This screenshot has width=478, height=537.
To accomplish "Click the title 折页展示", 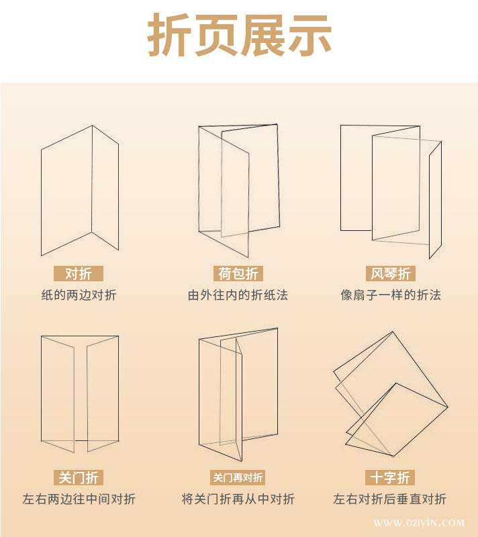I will pos(239,35).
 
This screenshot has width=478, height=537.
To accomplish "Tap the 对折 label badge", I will pos(79,274).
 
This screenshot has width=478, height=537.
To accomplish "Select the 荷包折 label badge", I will pos(238,274).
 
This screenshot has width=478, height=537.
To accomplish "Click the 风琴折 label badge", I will pos(391,274).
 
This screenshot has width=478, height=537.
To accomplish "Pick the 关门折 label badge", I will pos(79,477).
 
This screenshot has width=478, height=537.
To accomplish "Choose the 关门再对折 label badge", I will pos(238,477).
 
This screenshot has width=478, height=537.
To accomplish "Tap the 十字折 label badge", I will pos(391,477).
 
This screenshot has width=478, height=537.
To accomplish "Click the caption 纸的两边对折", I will pos(79,295).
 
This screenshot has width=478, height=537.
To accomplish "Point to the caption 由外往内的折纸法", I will pos(238,295).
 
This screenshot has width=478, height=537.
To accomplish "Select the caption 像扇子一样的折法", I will pos(391,295).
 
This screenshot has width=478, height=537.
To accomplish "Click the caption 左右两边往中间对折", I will pos(79,499).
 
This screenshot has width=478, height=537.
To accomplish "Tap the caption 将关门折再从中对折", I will pos(238,499).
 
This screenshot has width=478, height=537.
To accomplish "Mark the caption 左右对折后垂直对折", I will pos(391,499).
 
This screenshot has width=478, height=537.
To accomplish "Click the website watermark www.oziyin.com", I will pos(419,522).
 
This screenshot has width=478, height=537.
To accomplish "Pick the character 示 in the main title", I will pos(309,35).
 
